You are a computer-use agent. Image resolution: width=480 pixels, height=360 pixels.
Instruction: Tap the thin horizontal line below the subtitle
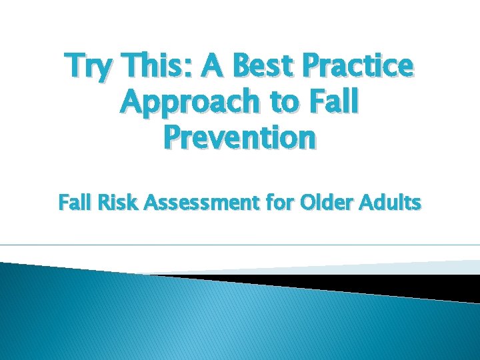(x=240, y=245)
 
